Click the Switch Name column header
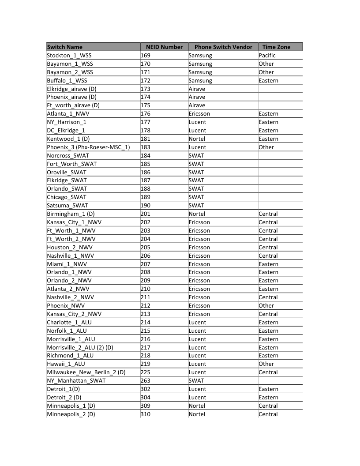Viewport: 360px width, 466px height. click(x=65, y=47)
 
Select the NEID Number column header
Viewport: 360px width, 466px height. click(x=164, y=47)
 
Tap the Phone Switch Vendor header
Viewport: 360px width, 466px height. click(x=223, y=47)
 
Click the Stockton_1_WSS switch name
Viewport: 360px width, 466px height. click(x=69, y=56)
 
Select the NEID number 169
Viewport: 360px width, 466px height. click(x=146, y=56)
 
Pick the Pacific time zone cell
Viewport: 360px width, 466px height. click(x=267, y=56)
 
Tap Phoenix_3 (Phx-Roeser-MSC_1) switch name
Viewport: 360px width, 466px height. click(x=88, y=147)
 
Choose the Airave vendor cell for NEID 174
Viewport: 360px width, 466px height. click(x=197, y=97)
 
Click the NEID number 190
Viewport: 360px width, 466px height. click(x=146, y=206)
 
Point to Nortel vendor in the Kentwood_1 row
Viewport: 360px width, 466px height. click(x=197, y=139)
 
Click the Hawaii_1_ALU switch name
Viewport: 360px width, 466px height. click(x=66, y=364)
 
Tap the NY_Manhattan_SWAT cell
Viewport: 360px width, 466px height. click(x=76, y=381)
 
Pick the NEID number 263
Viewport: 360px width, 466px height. click(x=146, y=381)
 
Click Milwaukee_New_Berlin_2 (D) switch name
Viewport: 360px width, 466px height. click(x=86, y=372)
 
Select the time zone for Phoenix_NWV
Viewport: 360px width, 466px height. click(x=266, y=306)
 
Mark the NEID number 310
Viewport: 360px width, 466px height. click(x=146, y=414)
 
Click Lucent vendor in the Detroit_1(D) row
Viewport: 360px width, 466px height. click(x=197, y=389)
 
